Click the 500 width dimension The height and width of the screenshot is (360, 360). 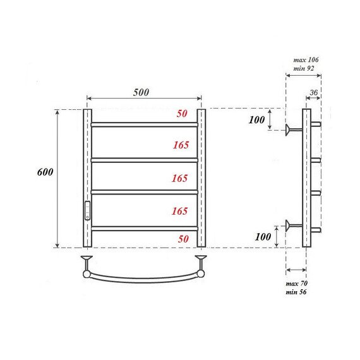141,92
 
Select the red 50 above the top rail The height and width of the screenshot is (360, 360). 182,114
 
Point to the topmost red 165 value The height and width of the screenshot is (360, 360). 180,145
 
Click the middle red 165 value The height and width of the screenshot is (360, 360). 180,179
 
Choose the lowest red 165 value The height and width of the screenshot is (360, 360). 180,211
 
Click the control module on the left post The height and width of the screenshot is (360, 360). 87,209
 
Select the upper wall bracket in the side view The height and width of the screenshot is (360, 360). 292,131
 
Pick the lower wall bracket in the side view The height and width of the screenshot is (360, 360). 292,225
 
